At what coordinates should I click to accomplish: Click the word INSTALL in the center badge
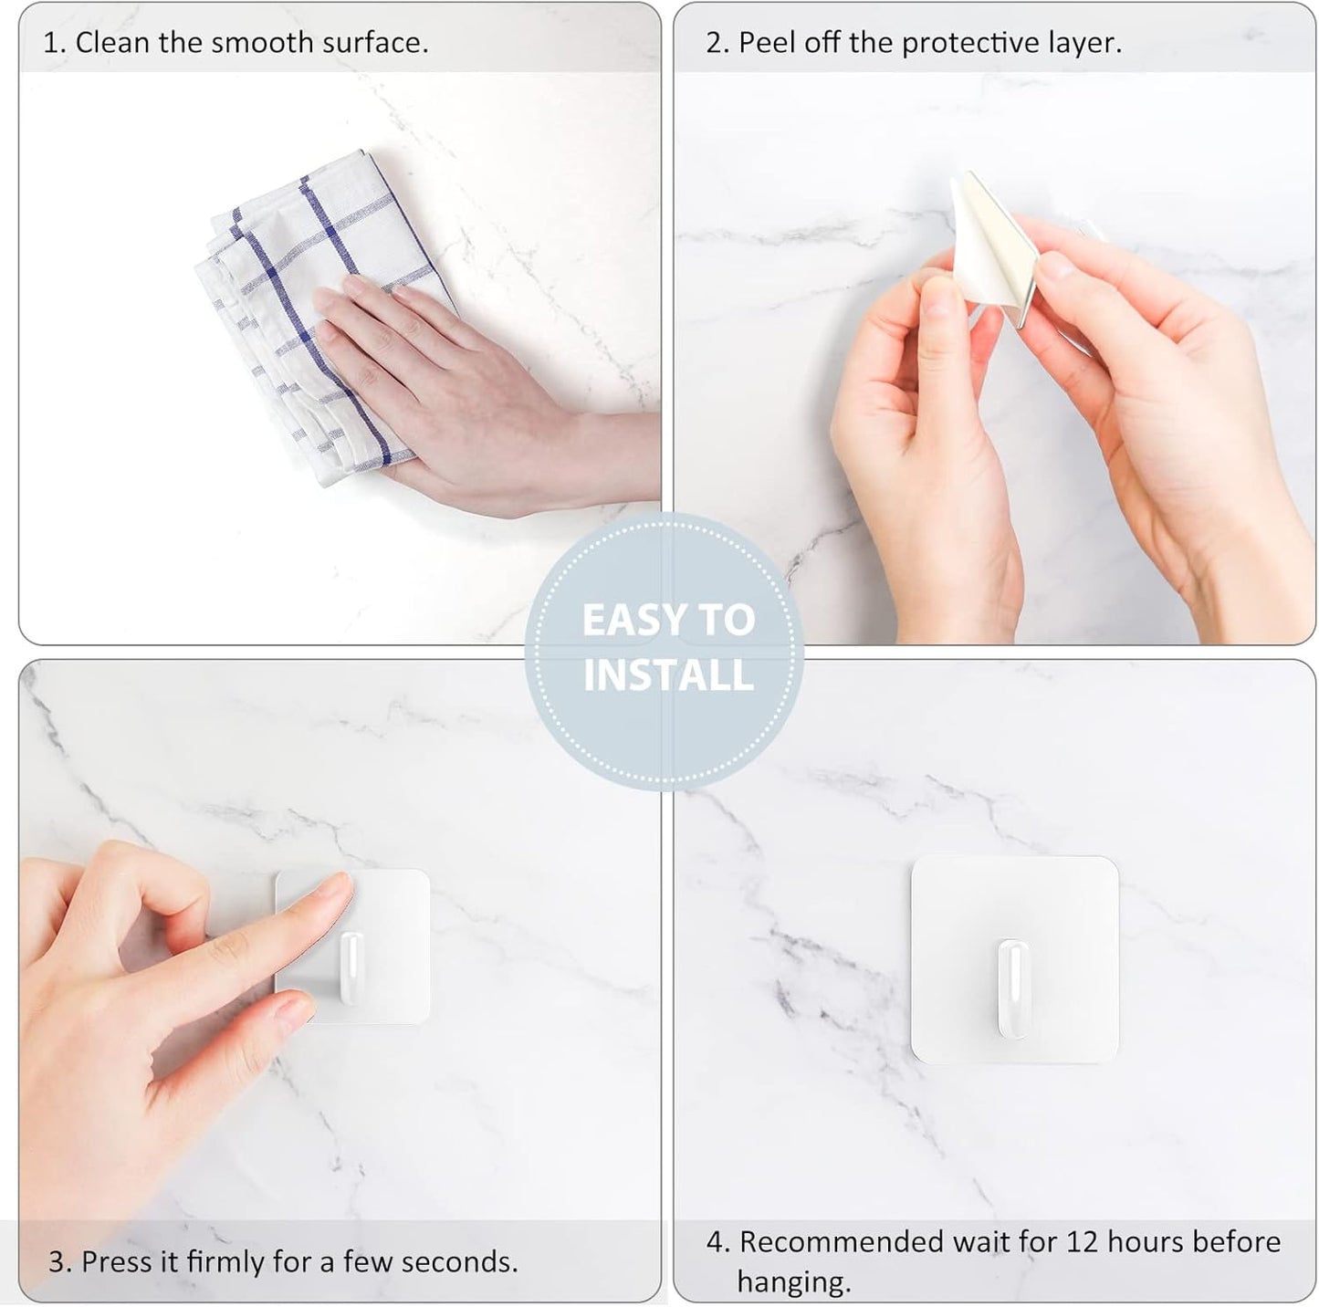668,676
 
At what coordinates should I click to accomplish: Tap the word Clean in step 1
112,43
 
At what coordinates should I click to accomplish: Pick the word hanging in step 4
792,1282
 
